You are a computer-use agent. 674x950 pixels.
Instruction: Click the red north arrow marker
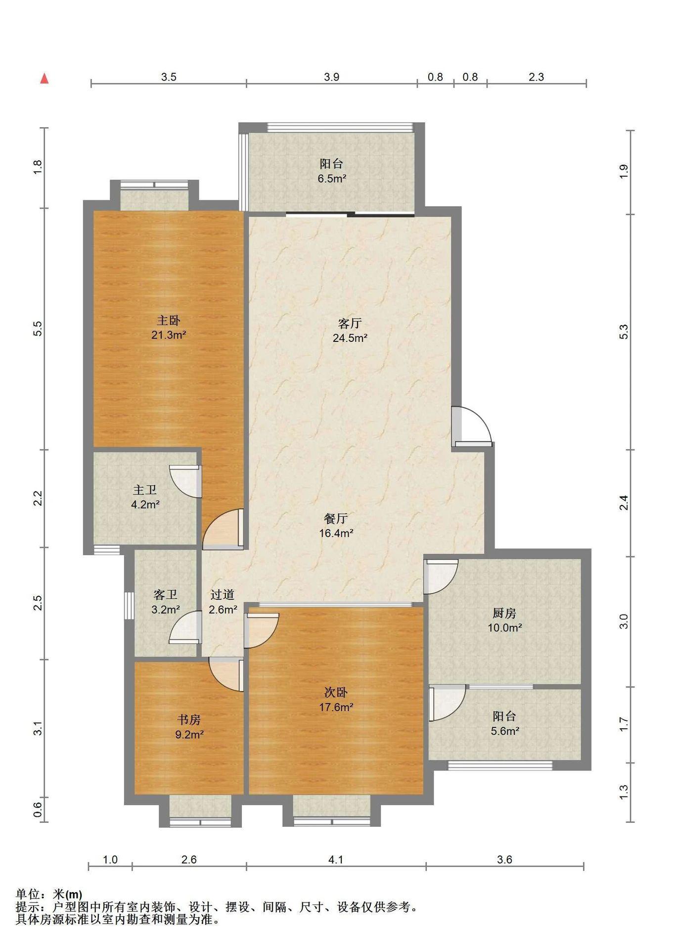(x=45, y=78)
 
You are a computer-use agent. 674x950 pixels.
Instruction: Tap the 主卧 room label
(x=169, y=320)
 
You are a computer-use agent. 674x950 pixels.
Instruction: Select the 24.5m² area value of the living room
(x=350, y=338)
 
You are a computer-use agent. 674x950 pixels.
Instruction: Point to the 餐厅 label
(x=336, y=519)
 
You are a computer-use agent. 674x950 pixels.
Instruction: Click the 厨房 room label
(x=504, y=613)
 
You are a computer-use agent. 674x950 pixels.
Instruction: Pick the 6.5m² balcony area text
(x=332, y=179)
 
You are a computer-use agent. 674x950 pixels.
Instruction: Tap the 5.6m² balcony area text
(x=505, y=731)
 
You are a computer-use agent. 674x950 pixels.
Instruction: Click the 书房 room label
(x=189, y=719)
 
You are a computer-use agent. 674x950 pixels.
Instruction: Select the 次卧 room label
(x=336, y=692)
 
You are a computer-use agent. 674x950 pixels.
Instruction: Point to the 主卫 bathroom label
(x=145, y=490)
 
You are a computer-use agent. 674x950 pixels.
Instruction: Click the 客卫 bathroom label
(x=165, y=594)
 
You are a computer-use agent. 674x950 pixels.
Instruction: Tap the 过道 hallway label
(x=222, y=594)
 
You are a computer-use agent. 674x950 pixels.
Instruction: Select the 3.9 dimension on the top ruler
(x=332, y=77)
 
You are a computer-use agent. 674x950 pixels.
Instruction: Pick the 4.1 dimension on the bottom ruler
(x=336, y=859)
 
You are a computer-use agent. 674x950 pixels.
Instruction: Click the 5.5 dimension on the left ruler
(x=38, y=329)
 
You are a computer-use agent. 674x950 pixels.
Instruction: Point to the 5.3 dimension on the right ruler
(x=624, y=332)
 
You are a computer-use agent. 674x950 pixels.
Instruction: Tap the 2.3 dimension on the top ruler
(x=536, y=77)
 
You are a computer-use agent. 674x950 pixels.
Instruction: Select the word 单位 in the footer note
(x=27, y=894)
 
